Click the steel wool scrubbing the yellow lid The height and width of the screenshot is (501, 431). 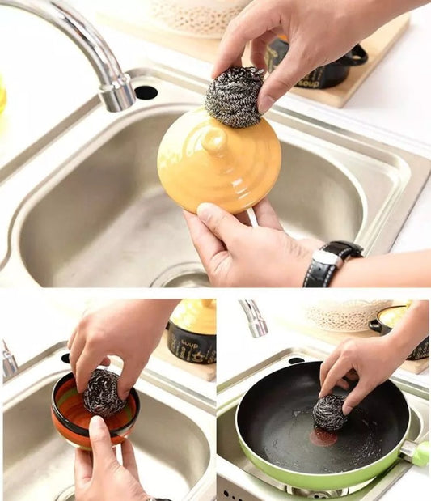(234, 97)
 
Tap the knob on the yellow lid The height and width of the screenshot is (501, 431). (214, 138)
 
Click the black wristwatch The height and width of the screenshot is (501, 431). (330, 263)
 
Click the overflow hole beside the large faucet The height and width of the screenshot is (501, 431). (146, 92)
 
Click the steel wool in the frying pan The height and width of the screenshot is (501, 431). (329, 412)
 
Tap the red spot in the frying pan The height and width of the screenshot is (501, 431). (323, 437)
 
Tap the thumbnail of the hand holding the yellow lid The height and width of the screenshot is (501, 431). (207, 213)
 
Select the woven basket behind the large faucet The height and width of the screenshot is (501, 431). (198, 15)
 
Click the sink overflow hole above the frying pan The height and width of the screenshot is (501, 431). (295, 360)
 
